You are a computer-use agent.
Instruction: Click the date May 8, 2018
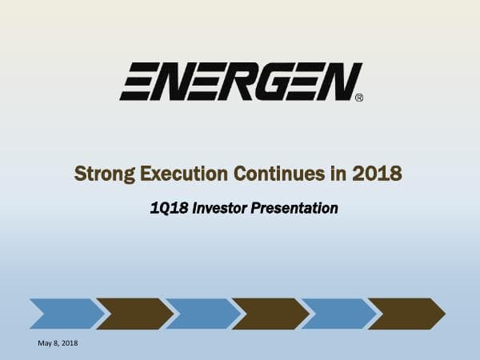click(58, 343)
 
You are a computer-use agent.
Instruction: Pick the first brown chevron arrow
click(133, 314)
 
